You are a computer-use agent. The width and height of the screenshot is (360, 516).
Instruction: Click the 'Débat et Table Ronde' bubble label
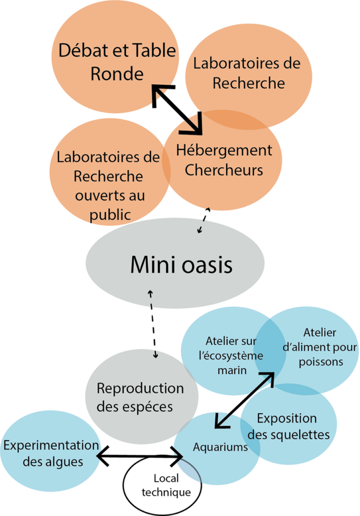click(116, 62)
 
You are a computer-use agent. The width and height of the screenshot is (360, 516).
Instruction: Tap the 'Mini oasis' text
click(182, 264)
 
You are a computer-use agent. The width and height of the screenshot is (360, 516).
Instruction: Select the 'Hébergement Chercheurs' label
click(223, 160)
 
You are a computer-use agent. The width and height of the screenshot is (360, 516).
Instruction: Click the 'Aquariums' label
click(220, 447)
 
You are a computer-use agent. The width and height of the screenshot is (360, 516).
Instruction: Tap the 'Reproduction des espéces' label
click(140, 397)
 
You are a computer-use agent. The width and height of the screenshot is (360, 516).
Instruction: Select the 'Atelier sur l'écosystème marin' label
click(230, 355)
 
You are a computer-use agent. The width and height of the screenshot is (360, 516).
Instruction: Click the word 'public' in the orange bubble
click(110, 214)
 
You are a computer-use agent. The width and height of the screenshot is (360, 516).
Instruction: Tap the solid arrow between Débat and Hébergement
click(177, 110)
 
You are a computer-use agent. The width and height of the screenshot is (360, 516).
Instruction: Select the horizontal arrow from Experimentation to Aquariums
click(139, 457)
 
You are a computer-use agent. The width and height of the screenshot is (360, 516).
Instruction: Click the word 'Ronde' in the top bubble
click(116, 74)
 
